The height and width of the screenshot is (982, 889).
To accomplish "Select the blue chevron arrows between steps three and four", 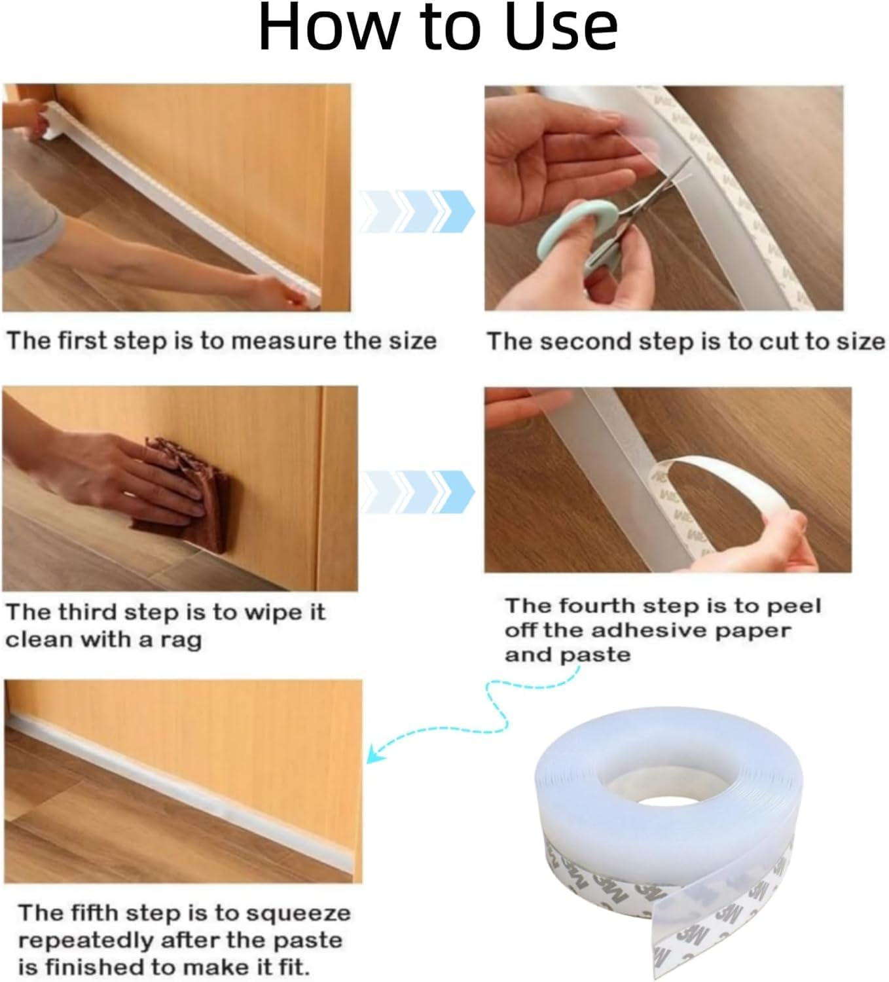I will click(418, 491).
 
